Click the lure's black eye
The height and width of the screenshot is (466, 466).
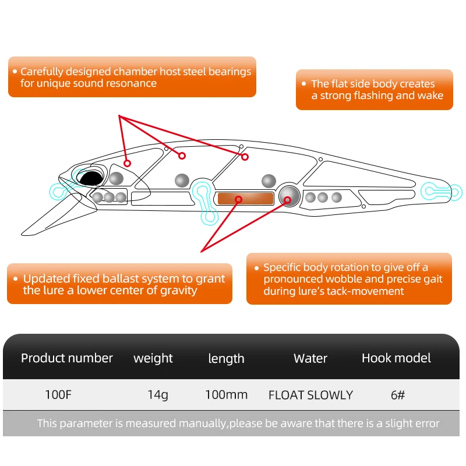pyautogui.click(x=89, y=179)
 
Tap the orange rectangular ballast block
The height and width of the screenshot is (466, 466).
pyautogui.click(x=245, y=199)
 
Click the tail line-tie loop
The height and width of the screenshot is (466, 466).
pyautogui.click(x=442, y=190)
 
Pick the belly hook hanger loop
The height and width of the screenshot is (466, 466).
pyautogui.click(x=206, y=201)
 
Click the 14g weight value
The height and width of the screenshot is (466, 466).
pyautogui.click(x=157, y=395)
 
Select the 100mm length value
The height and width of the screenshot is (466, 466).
pyautogui.click(x=226, y=395)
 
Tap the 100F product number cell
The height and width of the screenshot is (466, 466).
pyautogui.click(x=58, y=395)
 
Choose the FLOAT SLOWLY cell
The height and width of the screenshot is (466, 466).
pyautogui.click(x=310, y=395)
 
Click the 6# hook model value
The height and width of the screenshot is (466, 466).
pyautogui.click(x=398, y=395)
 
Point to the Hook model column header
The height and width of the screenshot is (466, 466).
pyautogui.click(x=396, y=358)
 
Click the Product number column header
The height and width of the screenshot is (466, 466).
pyautogui.click(x=67, y=358)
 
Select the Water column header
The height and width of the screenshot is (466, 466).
pyautogui.click(x=310, y=358)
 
